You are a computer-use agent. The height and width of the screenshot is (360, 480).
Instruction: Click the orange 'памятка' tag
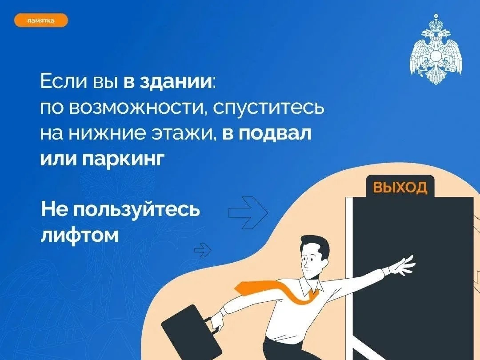pyautogui.click(x=41, y=20)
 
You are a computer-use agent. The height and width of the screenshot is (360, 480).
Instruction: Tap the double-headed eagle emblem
pyautogui.click(x=436, y=49)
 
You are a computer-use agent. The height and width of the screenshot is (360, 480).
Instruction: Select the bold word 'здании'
pyautogui.click(x=176, y=82)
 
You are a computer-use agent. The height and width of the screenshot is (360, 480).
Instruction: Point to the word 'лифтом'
pyautogui.click(x=80, y=236)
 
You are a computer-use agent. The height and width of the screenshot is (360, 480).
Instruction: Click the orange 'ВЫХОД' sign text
pyautogui.click(x=400, y=187)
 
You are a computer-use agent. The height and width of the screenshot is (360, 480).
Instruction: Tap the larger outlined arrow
pyautogui.click(x=248, y=212)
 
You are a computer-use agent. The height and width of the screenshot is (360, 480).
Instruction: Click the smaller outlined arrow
pyautogui.click(x=203, y=250)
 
